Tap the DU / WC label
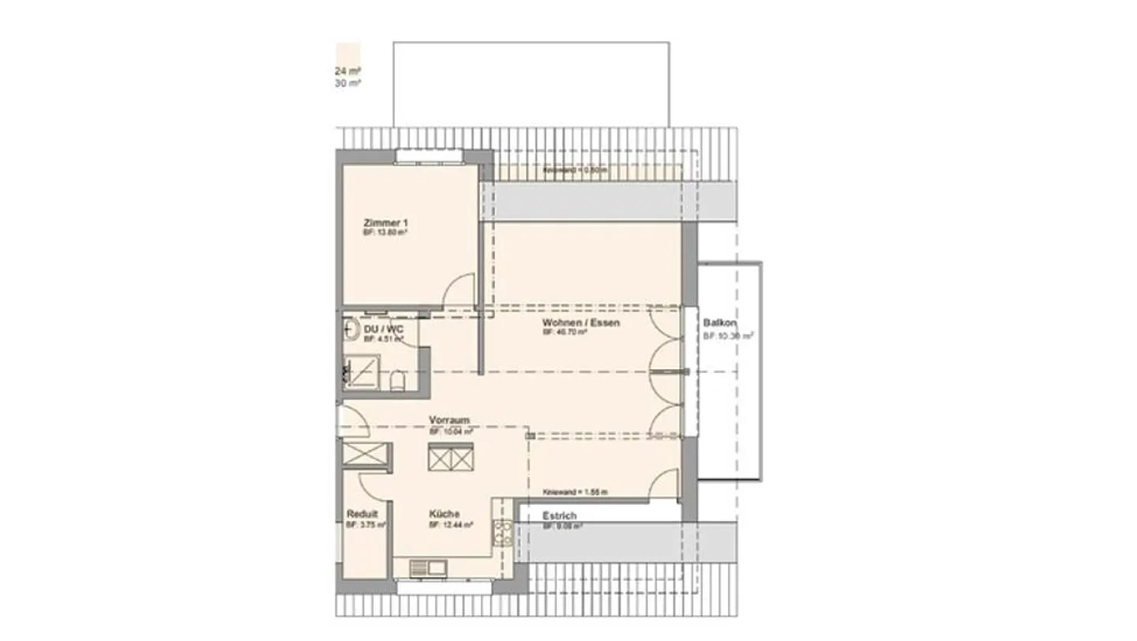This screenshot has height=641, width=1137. coord(381,328)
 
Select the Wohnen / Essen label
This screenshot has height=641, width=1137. coord(580,323)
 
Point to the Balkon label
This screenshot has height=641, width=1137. coord(719,323)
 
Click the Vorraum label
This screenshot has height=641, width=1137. coord(450,420)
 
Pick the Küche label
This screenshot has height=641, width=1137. coord(445,513)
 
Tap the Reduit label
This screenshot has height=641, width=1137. coord(362,514)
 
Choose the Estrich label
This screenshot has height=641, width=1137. coord(559,516)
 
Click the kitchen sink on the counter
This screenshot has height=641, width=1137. coord(427,567)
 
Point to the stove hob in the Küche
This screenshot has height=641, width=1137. coord(501,533)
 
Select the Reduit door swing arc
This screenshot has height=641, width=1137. coord(372,484)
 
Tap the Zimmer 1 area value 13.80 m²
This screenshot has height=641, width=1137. coord(385,233)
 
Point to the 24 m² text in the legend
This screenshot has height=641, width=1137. coord(347,71)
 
